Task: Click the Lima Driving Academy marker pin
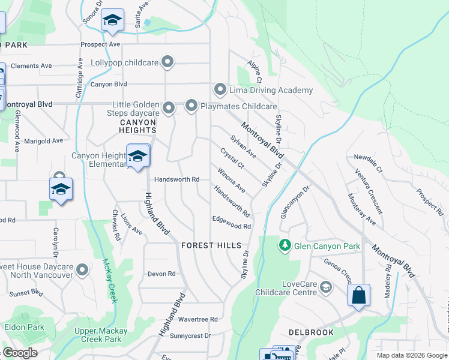click(x=220, y=90)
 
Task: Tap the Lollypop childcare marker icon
click(x=168, y=62)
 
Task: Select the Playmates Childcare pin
click(x=191, y=106)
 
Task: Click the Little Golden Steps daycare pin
click(x=169, y=109)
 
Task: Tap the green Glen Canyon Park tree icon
click(x=285, y=245)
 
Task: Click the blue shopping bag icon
click(x=358, y=296)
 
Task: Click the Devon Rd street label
click(x=161, y=274)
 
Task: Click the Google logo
click(x=20, y=353)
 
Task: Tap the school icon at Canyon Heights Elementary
click(x=138, y=157)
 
